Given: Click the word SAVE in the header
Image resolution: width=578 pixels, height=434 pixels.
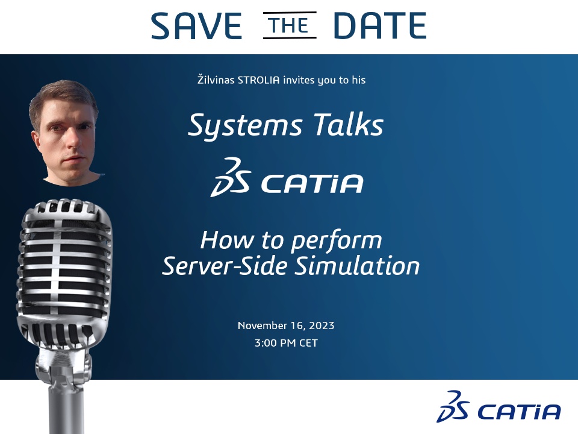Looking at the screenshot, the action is point(196,25).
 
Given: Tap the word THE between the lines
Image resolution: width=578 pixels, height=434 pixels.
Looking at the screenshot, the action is point(290,25).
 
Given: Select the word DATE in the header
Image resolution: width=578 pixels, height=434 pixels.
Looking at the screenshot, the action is point(380,25).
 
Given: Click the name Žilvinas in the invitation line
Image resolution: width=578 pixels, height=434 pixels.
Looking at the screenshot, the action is point(216,80).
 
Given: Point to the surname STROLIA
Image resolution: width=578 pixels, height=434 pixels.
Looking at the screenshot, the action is point(258,80).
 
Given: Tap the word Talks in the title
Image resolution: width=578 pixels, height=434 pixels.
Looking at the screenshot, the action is point(349,124).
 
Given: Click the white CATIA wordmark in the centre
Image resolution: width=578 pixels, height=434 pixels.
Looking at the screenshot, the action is point(312,183).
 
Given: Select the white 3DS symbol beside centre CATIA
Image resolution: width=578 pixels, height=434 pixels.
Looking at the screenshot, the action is point(231,177).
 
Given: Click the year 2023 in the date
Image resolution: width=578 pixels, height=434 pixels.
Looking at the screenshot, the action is point(322,325).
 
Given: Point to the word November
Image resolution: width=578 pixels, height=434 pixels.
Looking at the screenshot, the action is point(263,325).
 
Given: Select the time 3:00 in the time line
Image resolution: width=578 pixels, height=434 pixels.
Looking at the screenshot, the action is point(266,343).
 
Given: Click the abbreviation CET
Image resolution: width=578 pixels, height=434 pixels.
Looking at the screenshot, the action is point(308,343).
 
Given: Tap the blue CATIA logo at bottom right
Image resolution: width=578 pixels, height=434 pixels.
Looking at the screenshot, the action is point(499,407).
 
